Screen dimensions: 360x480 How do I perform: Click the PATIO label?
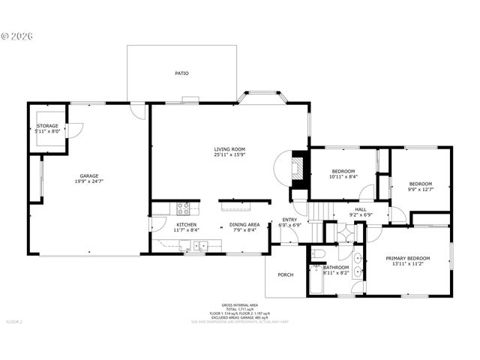181,73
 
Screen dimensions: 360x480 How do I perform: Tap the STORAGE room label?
47,126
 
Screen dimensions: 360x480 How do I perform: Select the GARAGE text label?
89,176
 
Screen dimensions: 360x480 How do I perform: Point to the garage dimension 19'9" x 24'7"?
89,181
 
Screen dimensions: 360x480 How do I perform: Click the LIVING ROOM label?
229,149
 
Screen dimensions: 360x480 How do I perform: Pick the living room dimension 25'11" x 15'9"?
229,155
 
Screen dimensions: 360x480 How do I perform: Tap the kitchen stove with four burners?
183,208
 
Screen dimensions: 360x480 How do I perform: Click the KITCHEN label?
186,224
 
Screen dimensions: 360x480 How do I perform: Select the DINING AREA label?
244,224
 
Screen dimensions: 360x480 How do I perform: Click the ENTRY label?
289,220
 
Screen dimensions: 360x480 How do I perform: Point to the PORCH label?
285,274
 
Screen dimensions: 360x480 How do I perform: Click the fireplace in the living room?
298,169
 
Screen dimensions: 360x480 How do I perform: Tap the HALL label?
361,209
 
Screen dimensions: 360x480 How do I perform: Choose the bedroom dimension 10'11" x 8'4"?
343,176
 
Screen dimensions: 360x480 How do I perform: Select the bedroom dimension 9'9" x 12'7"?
420,189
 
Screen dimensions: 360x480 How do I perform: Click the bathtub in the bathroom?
313,280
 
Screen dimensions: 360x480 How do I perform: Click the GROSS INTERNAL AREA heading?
239,305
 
